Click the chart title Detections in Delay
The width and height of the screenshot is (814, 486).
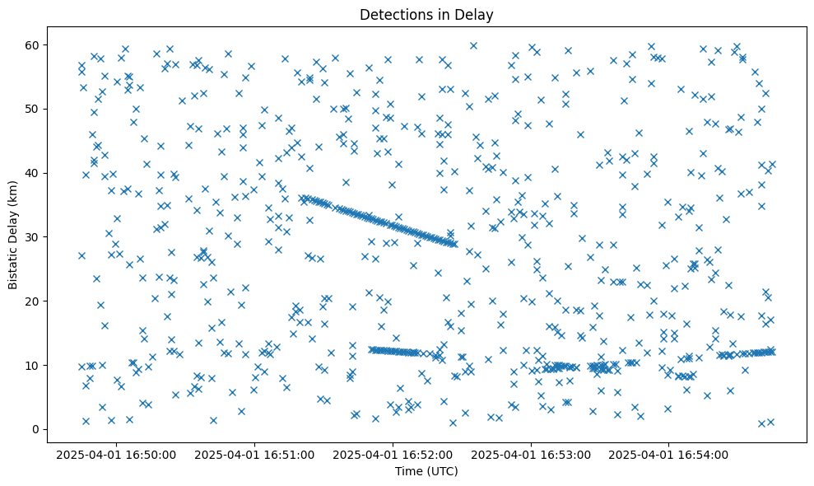click(x=426, y=14)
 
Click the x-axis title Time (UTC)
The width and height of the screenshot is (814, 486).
click(x=426, y=471)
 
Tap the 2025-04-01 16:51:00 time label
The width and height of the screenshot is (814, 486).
click(x=256, y=455)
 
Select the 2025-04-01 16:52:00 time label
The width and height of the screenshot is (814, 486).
click(x=393, y=455)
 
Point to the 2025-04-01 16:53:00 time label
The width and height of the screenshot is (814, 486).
click(x=532, y=455)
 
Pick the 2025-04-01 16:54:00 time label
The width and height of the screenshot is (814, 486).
click(x=669, y=455)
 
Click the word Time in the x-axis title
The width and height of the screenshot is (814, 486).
click(x=409, y=471)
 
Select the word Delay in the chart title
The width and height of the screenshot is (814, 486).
click(x=475, y=14)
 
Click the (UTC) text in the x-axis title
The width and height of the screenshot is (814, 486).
click(x=441, y=471)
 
